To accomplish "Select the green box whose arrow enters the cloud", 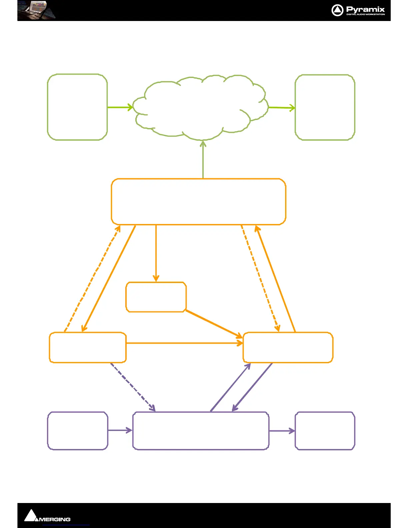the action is tap(77, 107).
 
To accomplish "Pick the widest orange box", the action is tap(199, 202).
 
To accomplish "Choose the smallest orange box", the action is tap(156, 297).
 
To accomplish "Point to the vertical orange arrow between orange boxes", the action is tap(156, 253).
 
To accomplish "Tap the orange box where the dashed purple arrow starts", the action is tap(88, 347).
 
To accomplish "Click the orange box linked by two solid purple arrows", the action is tap(288, 347).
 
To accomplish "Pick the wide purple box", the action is tap(201, 431).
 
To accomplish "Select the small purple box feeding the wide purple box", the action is tap(78, 431).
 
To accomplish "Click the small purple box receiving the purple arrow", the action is tap(325, 431).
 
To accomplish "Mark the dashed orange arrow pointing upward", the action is tap(92, 278).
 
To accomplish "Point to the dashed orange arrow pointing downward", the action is tap(260, 278).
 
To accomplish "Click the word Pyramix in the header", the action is tap(365, 9).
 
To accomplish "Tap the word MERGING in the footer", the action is tap(55, 519).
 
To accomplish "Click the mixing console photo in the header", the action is tap(37, 10).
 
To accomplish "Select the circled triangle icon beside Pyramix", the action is tap(337, 10).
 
